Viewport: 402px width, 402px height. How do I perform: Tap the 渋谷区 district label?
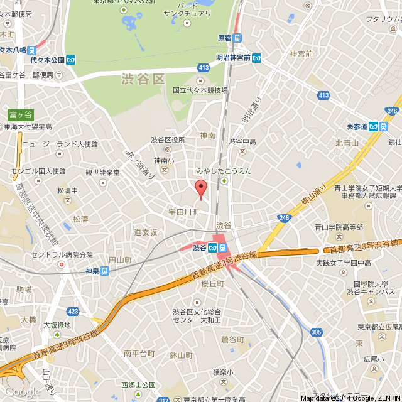[x=143, y=79]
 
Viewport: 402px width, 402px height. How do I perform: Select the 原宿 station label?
[x=225, y=38]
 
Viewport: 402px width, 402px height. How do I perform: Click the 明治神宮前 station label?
[x=233, y=58]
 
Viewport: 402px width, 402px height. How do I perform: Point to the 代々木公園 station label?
[x=47, y=60]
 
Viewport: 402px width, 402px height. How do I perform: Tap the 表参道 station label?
[x=357, y=126]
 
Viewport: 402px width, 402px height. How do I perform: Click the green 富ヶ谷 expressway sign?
[x=20, y=114]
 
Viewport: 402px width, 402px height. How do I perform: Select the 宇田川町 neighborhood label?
[x=183, y=212]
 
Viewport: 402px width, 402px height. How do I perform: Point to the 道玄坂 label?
[x=145, y=232]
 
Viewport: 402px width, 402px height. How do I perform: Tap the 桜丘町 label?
[x=212, y=284]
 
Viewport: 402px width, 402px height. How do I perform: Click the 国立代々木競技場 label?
[x=200, y=90]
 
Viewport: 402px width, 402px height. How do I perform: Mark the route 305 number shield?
[x=316, y=332]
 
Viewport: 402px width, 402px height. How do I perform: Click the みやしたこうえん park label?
[x=224, y=171]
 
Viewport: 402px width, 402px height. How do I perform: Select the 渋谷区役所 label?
[x=168, y=139]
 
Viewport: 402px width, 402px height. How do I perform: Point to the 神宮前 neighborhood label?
[x=301, y=54]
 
